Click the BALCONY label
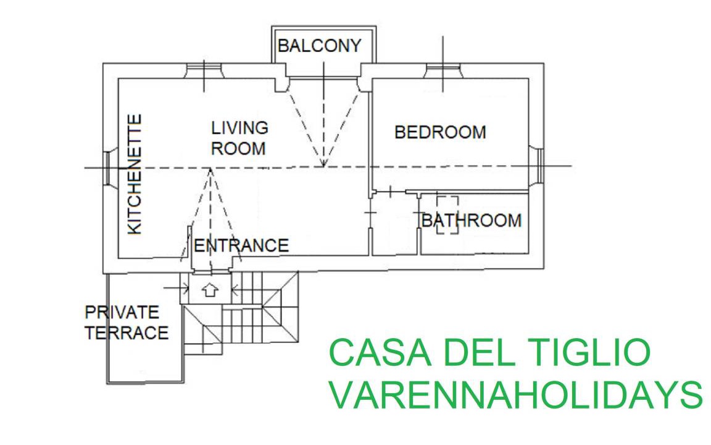(318, 46)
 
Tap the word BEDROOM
(440, 132)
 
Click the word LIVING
(239, 128)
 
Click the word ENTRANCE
(241, 245)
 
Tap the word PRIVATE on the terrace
(122, 312)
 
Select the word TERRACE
(127, 333)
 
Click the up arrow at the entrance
(210, 289)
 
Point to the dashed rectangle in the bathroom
(447, 214)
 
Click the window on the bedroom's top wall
(443, 70)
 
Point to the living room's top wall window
(204, 70)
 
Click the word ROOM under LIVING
(238, 148)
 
